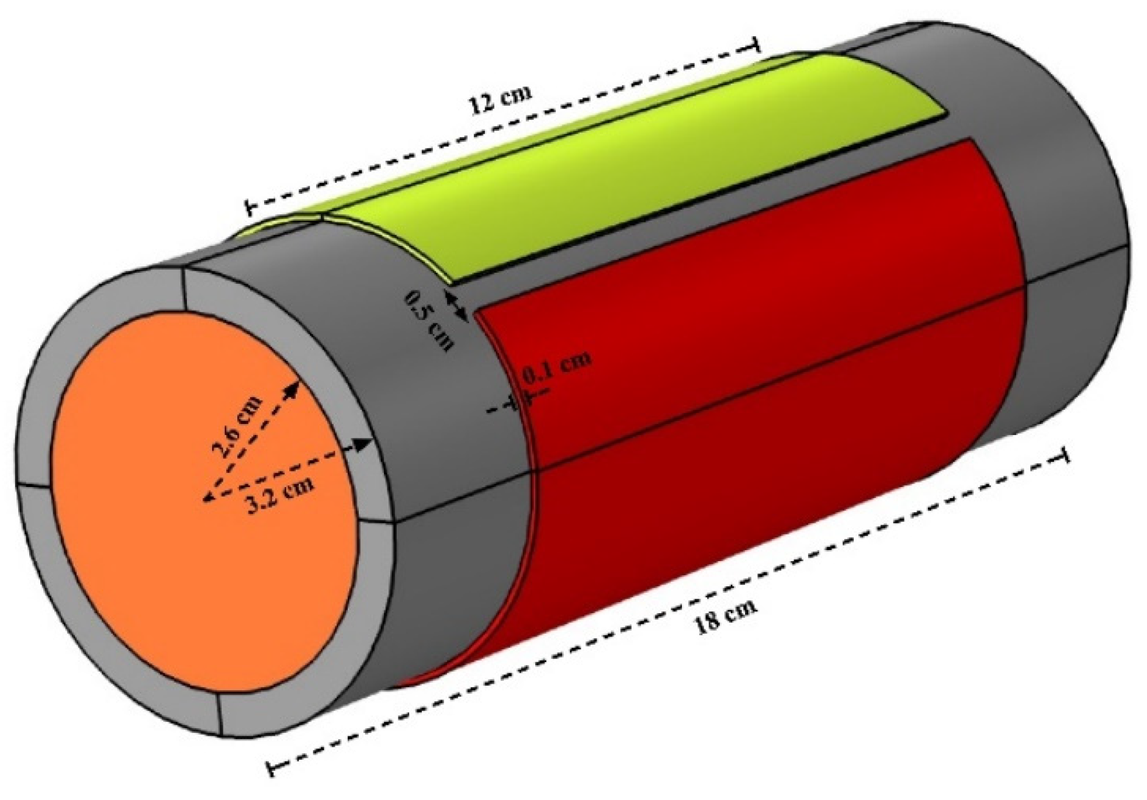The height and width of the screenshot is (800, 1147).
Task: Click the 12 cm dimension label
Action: pyautogui.click(x=501, y=100)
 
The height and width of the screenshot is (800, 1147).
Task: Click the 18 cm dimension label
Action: pyautogui.click(x=725, y=615)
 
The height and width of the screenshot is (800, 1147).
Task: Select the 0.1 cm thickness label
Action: pyautogui.click(x=556, y=366)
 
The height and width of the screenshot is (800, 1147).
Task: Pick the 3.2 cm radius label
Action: pyautogui.click(x=278, y=494)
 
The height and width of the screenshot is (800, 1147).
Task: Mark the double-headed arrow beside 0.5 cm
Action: pyautogui.click(x=457, y=307)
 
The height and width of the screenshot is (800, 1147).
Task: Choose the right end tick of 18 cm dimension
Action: pyautogui.click(x=1065, y=455)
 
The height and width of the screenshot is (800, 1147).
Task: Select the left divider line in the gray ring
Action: pyautogui.click(x=35, y=485)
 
